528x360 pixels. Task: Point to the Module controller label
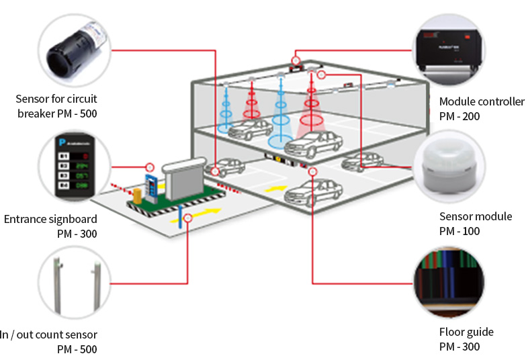coord(482,101)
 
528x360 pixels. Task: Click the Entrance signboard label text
coord(50,219)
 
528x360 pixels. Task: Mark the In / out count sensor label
coord(50,334)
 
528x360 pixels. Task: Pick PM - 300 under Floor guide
coord(459,347)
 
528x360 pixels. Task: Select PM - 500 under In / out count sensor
coord(77,349)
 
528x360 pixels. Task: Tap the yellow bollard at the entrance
coord(138,195)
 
